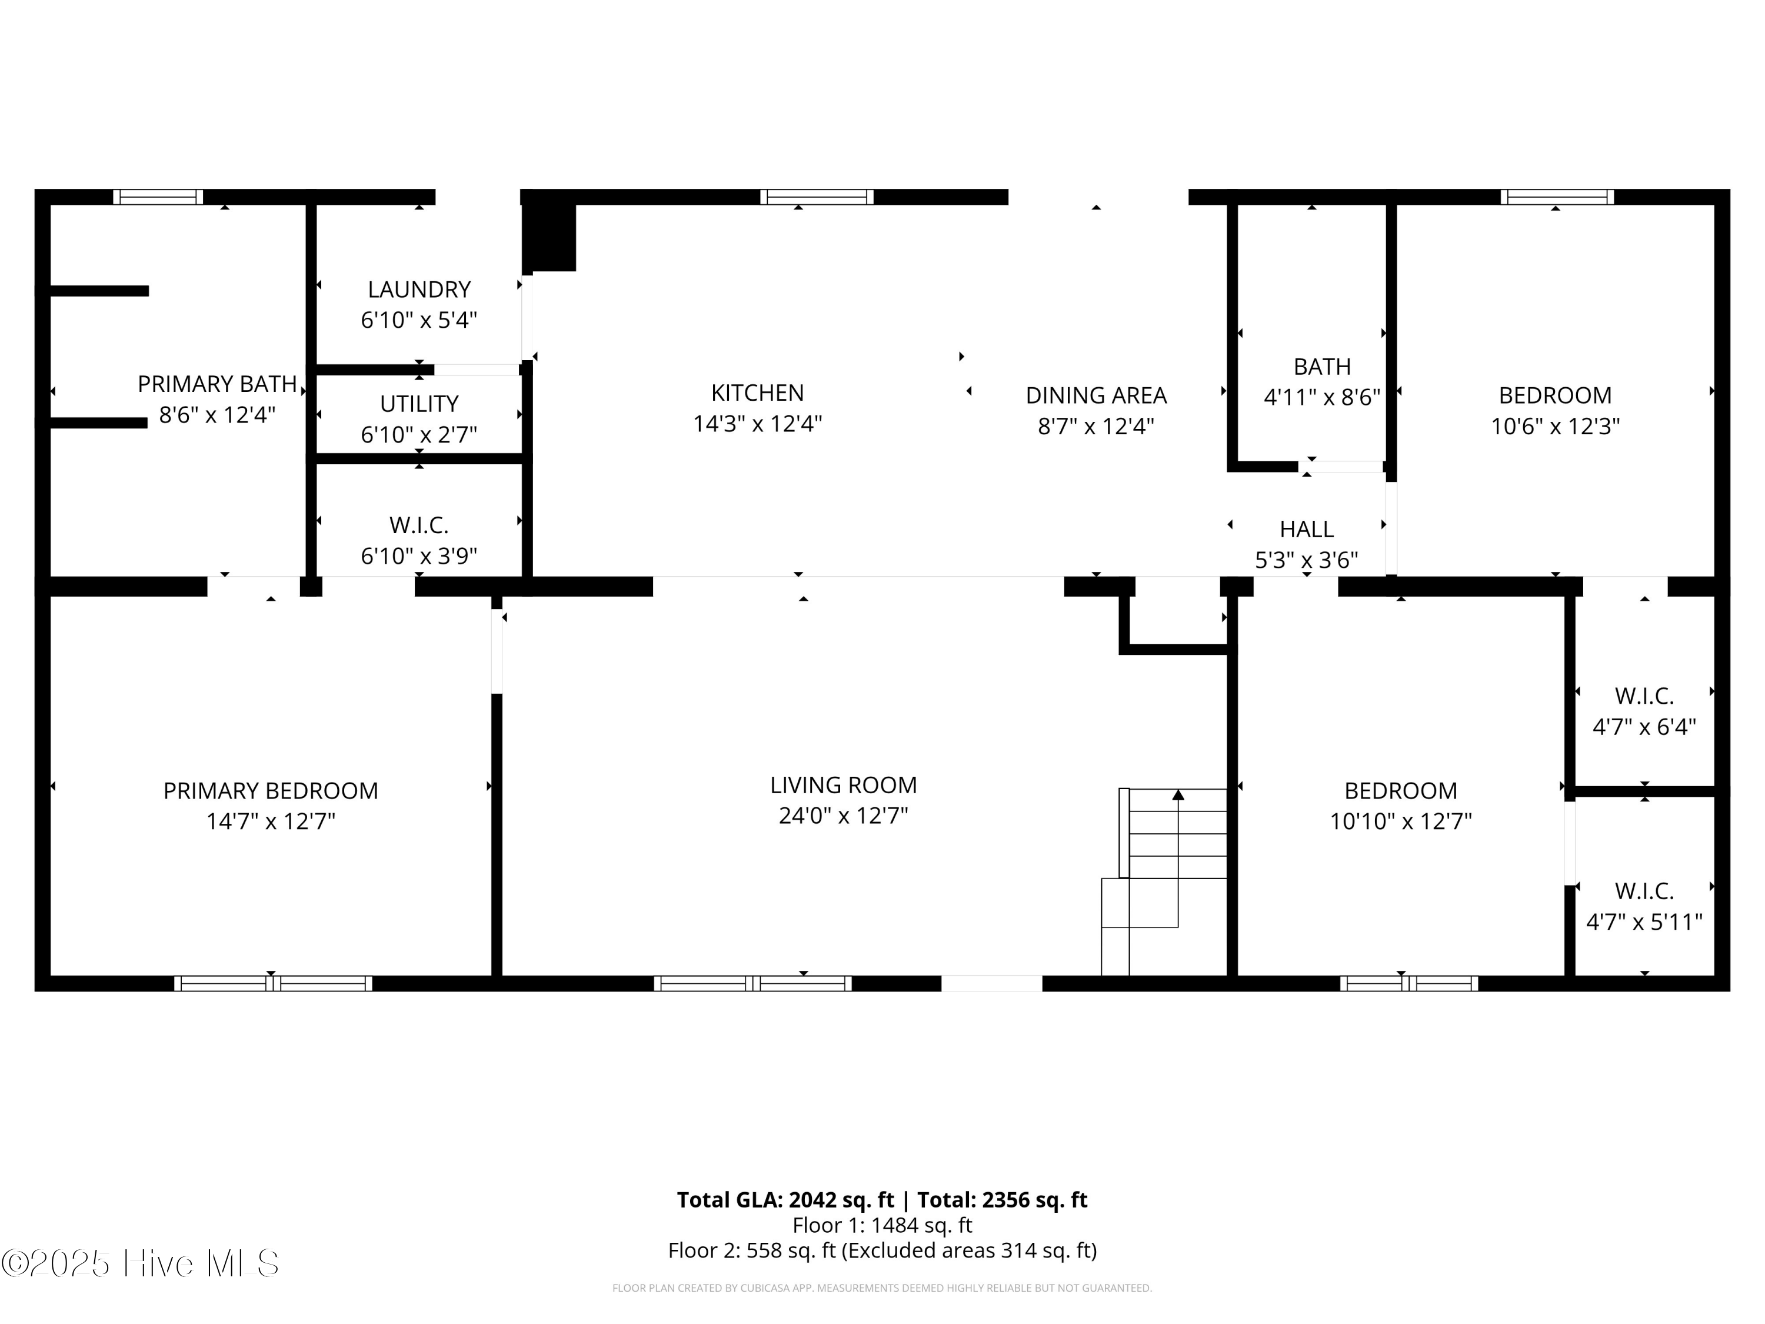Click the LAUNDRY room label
point(418,289)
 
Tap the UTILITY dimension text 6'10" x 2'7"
point(418,435)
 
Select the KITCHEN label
point(757,392)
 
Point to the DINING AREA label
point(1095,395)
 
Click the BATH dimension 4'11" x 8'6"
point(1321,397)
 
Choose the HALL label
point(1306,529)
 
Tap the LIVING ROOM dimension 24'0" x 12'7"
point(844,816)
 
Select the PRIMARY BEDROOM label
point(271,790)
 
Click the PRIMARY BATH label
point(217,384)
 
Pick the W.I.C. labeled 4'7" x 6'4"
point(1644,710)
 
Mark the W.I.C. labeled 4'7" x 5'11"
point(1644,906)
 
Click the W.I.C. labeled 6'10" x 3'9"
point(418,540)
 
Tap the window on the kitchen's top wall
point(816,197)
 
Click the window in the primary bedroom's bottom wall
point(273,983)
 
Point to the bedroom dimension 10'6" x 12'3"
point(1554,426)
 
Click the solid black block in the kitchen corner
point(549,238)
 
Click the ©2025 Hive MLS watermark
point(141,1263)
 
